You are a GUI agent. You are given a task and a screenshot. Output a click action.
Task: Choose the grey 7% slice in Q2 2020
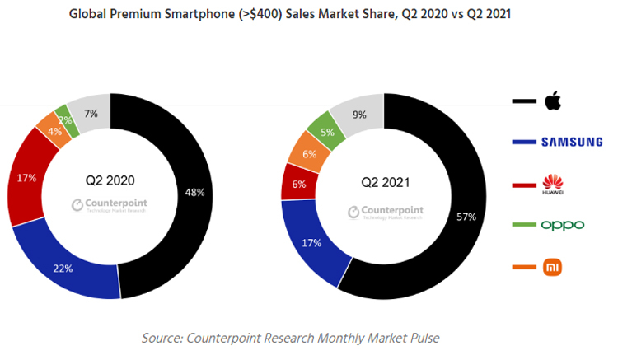pos(90,112)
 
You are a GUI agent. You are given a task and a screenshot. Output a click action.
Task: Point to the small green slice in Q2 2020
pos(62,119)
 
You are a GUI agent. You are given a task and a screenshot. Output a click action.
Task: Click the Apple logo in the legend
pos(552,101)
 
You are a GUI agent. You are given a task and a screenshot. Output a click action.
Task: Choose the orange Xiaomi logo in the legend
pos(552,267)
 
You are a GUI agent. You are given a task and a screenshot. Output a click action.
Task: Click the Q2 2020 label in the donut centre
pos(110,180)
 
